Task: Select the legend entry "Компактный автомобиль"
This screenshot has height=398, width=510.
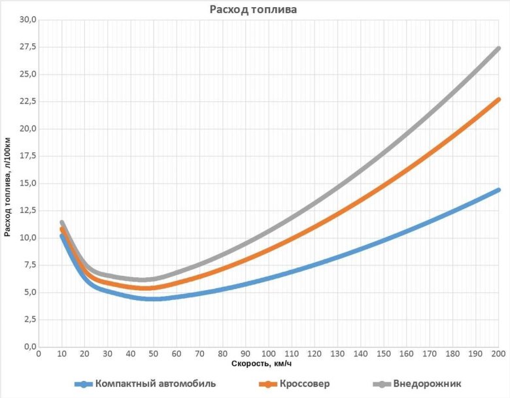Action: coord(155,384)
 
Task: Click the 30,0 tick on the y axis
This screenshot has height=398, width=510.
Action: coord(25,20)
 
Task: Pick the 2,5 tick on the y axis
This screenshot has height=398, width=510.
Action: coord(27,320)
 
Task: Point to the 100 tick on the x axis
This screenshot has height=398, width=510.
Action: coord(269,354)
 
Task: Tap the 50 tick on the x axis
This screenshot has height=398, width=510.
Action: coord(153,354)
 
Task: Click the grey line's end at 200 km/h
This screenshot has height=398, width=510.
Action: coord(498,48)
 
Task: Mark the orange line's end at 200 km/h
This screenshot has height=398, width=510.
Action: coord(498,99)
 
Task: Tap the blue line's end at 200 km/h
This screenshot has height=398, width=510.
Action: coord(498,190)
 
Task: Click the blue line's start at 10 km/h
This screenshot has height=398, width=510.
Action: coord(61,236)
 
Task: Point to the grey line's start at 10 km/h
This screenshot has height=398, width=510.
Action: coord(61,223)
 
